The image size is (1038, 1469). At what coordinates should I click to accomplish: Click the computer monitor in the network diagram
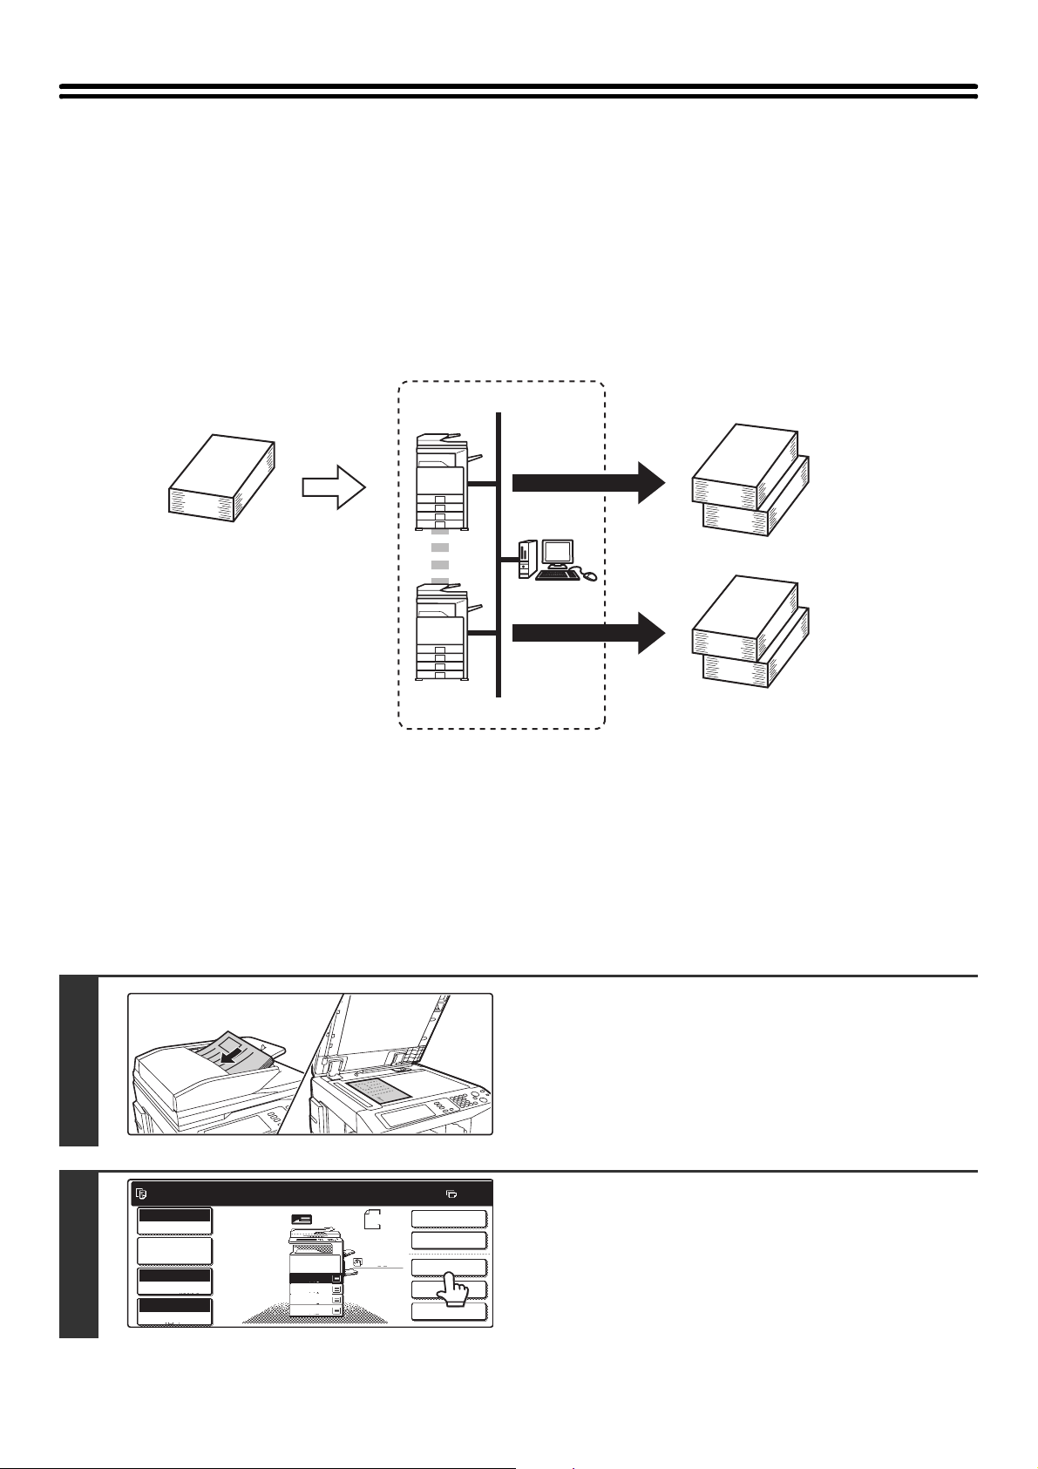tap(558, 554)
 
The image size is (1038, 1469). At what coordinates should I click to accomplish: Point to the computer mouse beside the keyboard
tap(590, 575)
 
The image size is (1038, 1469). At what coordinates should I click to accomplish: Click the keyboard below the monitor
tap(557, 575)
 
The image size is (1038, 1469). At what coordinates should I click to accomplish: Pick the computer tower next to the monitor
tap(525, 559)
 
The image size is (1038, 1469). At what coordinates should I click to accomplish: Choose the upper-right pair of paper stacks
tap(750, 479)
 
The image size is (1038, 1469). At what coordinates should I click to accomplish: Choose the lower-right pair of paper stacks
tap(750, 631)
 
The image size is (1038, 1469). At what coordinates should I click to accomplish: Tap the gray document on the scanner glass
tap(377, 1090)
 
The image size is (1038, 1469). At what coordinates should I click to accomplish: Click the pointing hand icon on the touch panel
tap(453, 1288)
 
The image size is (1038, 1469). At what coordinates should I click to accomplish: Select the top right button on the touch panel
tap(448, 1219)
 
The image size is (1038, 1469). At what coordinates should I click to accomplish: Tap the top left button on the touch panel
tap(174, 1221)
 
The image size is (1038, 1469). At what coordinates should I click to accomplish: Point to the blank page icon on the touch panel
tap(373, 1220)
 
